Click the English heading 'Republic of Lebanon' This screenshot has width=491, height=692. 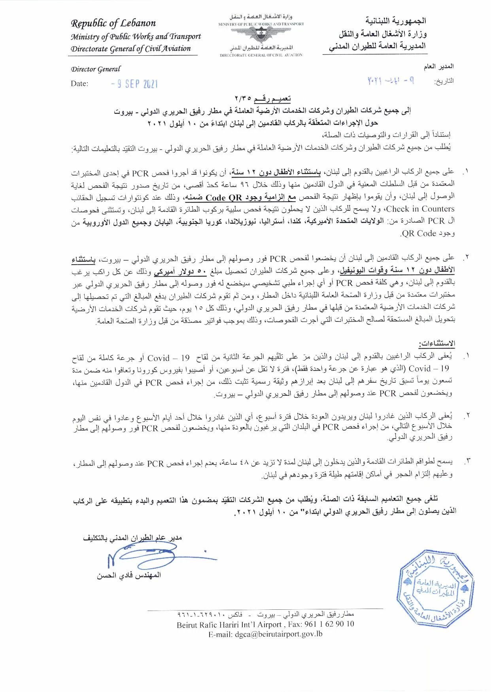[x=113, y=23]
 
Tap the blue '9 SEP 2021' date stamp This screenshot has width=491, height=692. [x=135, y=84]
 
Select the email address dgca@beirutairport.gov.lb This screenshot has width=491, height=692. [x=265, y=633]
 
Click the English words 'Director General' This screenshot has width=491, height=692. [x=96, y=69]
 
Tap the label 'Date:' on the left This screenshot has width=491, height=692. [x=79, y=84]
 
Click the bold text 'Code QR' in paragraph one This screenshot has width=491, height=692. [x=224, y=197]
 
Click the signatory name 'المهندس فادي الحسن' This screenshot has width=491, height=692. [x=129, y=575]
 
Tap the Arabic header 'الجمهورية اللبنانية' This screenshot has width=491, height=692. [x=395, y=21]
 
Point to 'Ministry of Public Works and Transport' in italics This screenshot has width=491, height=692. [x=136, y=37]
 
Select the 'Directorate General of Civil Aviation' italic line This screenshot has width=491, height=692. [x=131, y=49]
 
